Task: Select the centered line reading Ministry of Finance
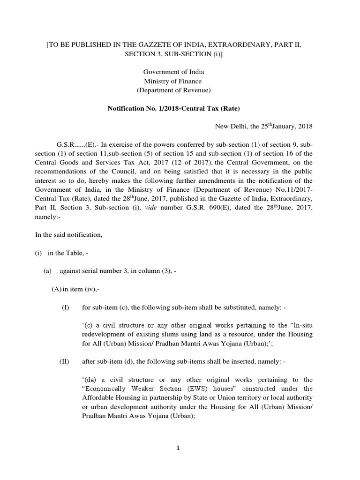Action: (x=173, y=81)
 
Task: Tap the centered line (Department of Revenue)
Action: (x=173, y=90)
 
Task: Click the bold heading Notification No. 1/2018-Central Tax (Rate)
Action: (x=174, y=109)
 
